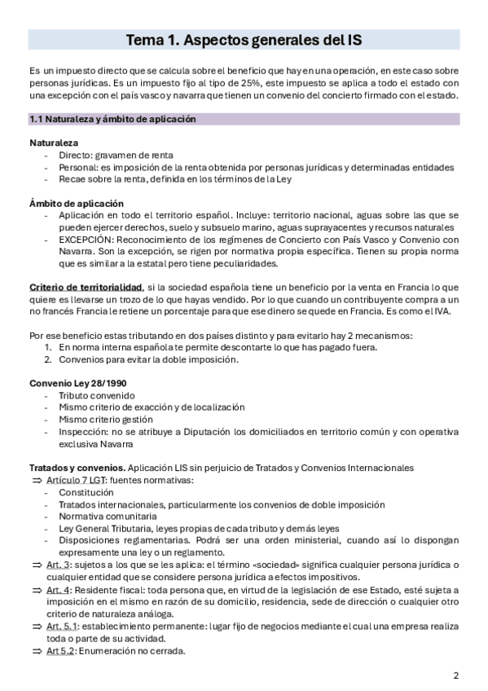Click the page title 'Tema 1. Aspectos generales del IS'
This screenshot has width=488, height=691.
(244, 40)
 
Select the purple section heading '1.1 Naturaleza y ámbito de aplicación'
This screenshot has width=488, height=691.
(112, 119)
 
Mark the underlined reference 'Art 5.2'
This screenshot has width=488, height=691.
(61, 650)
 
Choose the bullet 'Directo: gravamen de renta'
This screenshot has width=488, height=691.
(116, 155)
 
